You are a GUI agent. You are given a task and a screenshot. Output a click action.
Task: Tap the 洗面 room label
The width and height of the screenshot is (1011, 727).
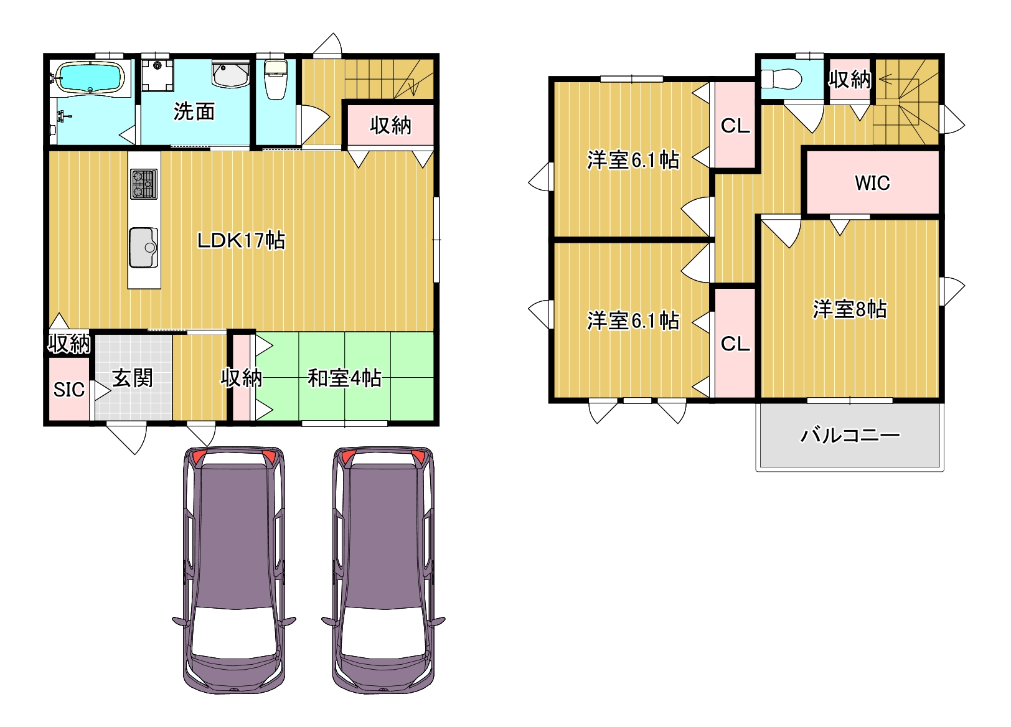[194, 111]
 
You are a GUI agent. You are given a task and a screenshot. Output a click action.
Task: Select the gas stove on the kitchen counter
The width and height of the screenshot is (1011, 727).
[144, 184]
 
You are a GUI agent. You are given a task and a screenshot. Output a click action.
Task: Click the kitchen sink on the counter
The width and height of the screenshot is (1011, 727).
[144, 247]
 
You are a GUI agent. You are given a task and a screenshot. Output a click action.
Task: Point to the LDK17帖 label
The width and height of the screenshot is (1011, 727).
[241, 240]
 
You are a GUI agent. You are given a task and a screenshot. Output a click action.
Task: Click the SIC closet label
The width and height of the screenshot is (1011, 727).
[69, 390]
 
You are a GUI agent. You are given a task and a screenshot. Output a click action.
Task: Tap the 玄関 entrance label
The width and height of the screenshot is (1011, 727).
[132, 378]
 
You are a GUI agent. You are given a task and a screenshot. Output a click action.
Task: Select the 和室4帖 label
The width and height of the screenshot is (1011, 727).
[344, 378]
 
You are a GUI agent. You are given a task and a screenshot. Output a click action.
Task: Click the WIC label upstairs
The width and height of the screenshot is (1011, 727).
[872, 183]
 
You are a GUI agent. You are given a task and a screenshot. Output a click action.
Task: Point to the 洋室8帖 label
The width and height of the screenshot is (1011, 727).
[850, 309]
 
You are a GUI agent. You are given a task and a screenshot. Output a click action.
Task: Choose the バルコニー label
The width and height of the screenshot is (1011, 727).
[850, 435]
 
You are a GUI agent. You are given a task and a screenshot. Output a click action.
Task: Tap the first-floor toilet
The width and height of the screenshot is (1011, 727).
[275, 80]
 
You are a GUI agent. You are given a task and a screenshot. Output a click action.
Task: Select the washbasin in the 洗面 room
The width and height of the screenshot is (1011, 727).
[230, 75]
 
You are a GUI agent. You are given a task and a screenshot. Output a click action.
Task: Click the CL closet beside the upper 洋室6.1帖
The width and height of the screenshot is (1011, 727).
[735, 125]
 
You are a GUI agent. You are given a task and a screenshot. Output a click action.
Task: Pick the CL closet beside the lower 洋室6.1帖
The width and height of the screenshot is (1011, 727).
[735, 344]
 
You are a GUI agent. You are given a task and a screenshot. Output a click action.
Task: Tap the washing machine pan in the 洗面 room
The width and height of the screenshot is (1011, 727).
[157, 75]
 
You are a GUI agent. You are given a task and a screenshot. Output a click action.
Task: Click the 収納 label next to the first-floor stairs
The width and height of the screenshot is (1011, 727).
[390, 126]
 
